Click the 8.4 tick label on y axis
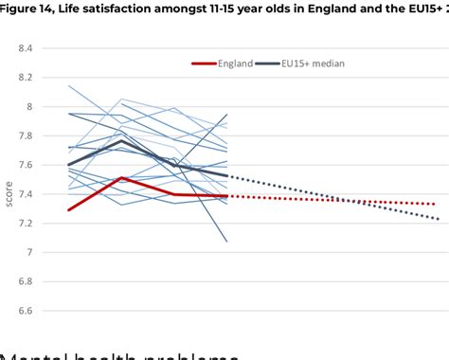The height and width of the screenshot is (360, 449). [x=25, y=47]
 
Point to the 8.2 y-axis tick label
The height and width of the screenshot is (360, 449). [x=25, y=77]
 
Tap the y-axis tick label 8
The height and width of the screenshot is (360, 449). [x=28, y=106]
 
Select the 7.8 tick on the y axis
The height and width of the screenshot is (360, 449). [x=25, y=135]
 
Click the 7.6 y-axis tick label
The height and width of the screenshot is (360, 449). [x=25, y=165]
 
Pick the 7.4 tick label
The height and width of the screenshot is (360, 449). [x=25, y=194]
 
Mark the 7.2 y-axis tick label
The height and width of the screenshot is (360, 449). [x=25, y=224]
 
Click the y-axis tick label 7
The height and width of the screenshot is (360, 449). [x=28, y=253]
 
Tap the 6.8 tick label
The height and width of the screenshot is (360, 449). [x=25, y=282]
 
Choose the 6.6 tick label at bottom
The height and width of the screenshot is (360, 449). [x=25, y=311]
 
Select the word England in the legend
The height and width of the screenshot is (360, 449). [x=235, y=63]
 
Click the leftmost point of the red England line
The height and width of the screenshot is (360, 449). [x=69, y=210]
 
